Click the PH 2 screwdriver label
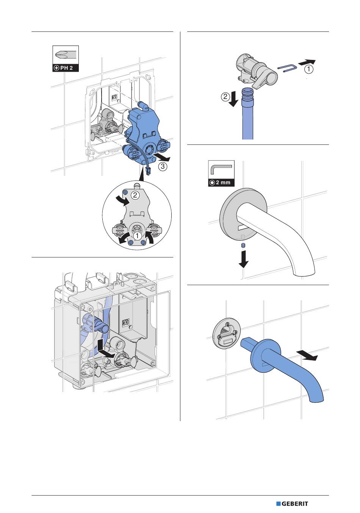pyautogui.click(x=66, y=68)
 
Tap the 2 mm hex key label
pyautogui.click(x=221, y=183)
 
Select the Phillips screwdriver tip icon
pyautogui.click(x=66, y=55)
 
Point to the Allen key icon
pyautogui.click(x=221, y=169)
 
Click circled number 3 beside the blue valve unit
pyautogui.click(x=163, y=166)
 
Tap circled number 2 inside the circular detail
pyautogui.click(x=135, y=195)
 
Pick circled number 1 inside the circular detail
pyautogui.click(x=138, y=236)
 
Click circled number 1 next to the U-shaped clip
pyautogui.click(x=308, y=69)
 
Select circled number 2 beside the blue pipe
pyautogui.click(x=225, y=97)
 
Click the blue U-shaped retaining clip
pyautogui.click(x=287, y=69)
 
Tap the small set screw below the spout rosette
pyautogui.click(x=243, y=246)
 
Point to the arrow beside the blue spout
pyautogui.click(x=307, y=356)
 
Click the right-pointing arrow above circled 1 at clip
pyautogui.click(x=307, y=62)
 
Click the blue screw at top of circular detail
pyautogui.click(x=125, y=192)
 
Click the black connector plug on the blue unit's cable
pyautogui.click(x=147, y=171)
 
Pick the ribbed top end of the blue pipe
pyautogui.click(x=247, y=94)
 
